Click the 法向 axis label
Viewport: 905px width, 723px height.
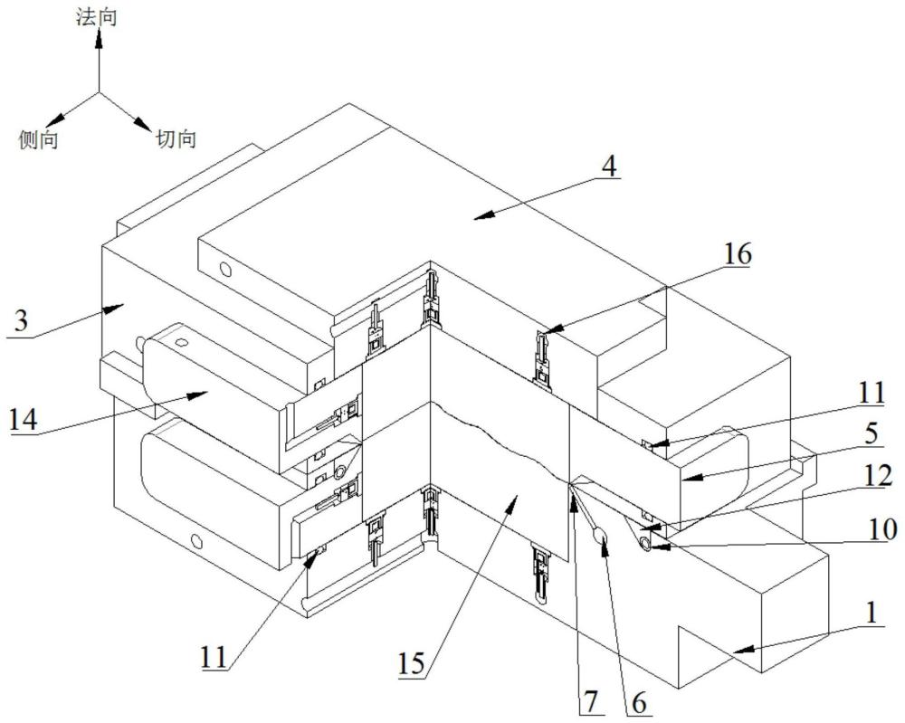pos(97,16)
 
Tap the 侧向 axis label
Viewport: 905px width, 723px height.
pos(39,139)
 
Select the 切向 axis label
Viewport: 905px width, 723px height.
pos(176,138)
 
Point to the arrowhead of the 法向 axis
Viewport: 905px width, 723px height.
pos(99,38)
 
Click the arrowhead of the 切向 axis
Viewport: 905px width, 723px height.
pos(142,123)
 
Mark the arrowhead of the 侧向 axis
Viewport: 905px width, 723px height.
pos(55,119)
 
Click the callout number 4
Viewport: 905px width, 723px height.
pos(609,166)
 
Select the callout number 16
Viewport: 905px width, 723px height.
pos(737,254)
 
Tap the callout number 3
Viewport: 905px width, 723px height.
pos(21,321)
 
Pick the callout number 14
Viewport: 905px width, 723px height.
pos(24,420)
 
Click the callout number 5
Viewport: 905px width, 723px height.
pos(872,433)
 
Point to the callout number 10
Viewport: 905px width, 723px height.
pos(882,529)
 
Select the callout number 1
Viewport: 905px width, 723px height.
pos(872,613)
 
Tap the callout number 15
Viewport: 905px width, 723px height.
pos(412,663)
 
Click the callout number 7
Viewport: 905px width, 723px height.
pos(590,701)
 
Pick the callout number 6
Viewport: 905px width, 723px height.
pos(639,703)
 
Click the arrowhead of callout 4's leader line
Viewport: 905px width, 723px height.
pos(484,215)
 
